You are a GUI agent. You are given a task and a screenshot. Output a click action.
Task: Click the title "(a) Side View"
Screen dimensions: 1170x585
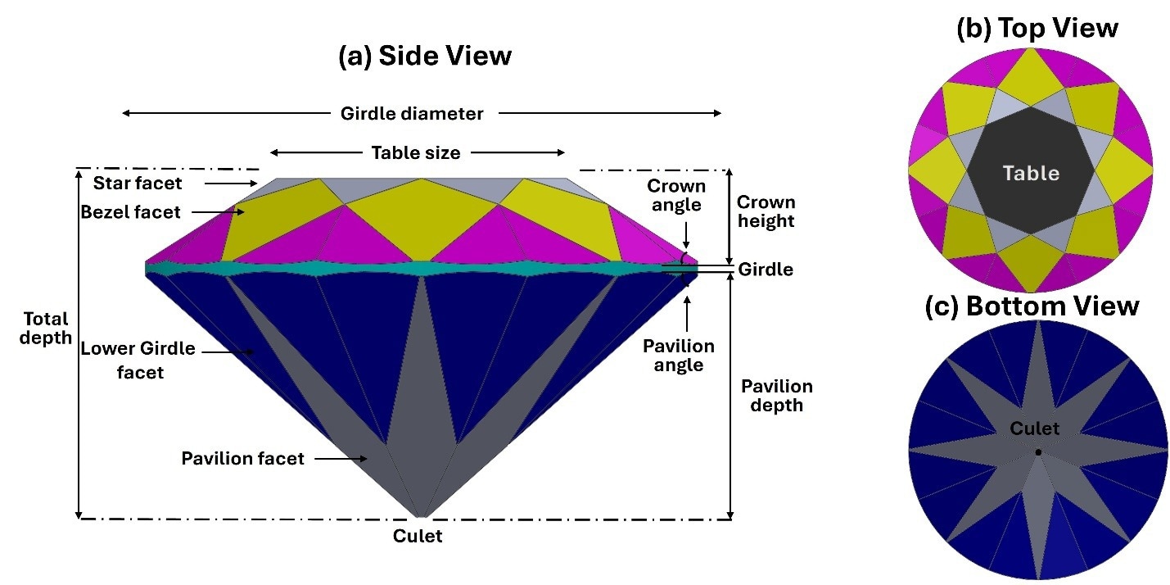[425, 56]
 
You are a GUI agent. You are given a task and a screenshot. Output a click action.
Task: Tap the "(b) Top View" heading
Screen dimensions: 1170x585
[1037, 28]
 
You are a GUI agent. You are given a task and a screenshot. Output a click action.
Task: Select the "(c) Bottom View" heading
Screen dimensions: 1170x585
[1032, 306]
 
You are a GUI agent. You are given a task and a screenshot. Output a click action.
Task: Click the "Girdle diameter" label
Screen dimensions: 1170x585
[412, 113]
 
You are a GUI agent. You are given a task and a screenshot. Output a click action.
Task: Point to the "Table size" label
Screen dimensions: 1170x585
[416, 152]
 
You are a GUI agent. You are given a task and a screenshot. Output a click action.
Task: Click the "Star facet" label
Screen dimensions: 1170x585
[138, 183]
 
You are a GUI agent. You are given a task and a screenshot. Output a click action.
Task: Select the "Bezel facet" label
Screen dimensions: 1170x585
[130, 211]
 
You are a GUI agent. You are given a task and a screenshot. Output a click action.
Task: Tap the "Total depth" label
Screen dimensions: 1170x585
[46, 328]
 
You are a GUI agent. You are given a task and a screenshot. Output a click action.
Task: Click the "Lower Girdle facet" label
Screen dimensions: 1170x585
[138, 361]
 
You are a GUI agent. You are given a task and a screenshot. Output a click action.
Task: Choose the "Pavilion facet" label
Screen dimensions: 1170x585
[242, 459]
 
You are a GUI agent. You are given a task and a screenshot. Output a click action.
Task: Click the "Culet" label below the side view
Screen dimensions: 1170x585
[418, 536]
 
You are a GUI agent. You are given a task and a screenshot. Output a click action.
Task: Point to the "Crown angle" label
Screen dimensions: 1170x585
[676, 195]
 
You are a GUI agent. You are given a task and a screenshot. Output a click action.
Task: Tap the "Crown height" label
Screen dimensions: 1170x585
[766, 211]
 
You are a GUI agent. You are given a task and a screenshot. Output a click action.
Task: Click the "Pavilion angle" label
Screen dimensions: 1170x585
[679, 355]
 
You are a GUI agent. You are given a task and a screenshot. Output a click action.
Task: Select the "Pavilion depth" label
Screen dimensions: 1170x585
[777, 395]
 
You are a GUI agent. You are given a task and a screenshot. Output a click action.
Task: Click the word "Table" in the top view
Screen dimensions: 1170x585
[1031, 173]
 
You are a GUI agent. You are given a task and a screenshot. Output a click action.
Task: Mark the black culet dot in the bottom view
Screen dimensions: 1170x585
[1038, 452]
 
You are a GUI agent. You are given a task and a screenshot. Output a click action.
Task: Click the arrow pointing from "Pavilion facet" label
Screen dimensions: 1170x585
[341, 459]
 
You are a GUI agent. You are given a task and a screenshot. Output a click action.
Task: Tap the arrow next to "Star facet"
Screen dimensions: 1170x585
[231, 184]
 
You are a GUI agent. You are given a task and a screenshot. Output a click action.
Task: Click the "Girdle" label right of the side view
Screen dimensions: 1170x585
[766, 270]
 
